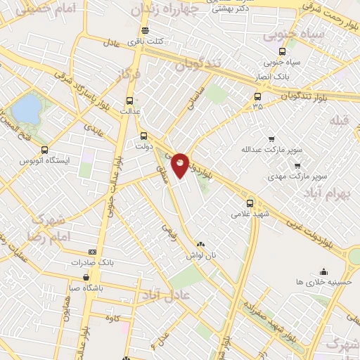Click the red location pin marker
(x=181, y=164)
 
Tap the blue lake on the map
(x=27, y=108)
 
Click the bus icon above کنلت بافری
(x=146, y=30)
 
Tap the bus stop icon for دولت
(x=144, y=136)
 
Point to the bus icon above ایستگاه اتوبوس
(x=45, y=150)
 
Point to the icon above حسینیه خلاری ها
(x=323, y=271)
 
